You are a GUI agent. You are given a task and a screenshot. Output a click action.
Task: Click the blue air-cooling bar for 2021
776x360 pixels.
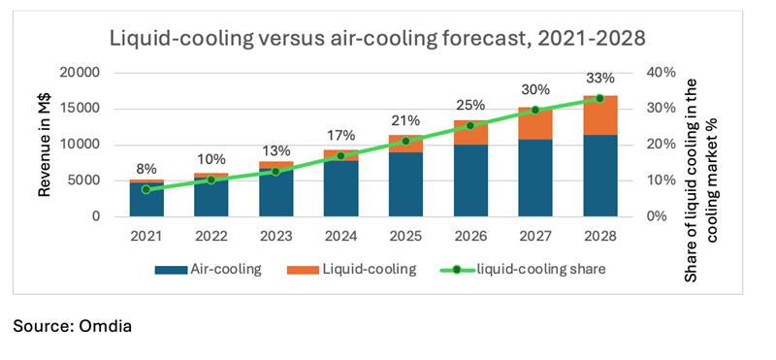point(145,199)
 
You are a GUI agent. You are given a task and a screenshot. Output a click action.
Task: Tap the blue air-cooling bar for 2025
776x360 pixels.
point(406,184)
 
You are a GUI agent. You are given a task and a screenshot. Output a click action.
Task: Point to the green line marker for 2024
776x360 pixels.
point(340,156)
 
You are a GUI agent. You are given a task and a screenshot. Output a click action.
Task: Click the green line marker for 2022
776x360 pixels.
point(210,180)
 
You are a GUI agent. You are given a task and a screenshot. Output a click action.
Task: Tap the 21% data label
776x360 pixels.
point(405,121)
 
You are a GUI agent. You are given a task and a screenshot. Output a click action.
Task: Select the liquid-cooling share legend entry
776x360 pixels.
point(529,270)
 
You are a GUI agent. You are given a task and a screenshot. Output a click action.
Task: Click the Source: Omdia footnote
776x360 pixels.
point(72,327)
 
